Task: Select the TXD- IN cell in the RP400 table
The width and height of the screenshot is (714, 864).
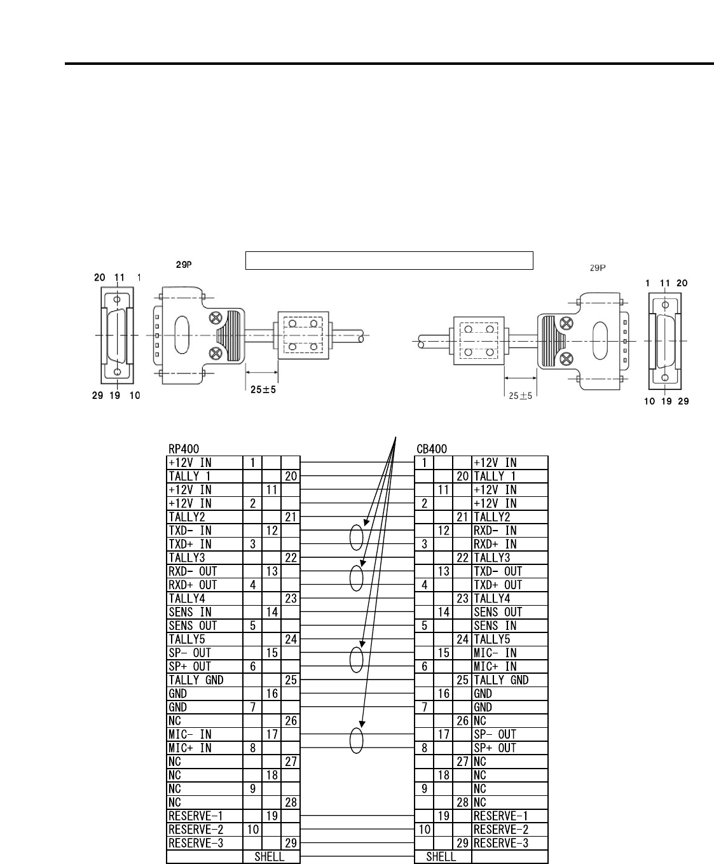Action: [x=204, y=531]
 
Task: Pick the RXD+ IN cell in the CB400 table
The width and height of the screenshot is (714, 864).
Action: [x=509, y=544]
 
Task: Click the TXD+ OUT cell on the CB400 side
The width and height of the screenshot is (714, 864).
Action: [x=509, y=585]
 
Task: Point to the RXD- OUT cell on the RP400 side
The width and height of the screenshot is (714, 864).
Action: [x=204, y=571]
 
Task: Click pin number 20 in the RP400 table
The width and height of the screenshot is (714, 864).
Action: [x=291, y=477]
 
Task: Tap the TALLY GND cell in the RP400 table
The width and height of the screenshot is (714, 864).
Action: [x=204, y=680]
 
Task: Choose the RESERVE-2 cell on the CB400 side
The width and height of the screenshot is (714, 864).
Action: [x=509, y=830]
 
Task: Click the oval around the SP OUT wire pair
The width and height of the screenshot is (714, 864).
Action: [x=357, y=660]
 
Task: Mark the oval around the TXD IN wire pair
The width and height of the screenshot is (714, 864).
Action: [x=357, y=538]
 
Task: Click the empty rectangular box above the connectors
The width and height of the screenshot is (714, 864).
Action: [x=388, y=260]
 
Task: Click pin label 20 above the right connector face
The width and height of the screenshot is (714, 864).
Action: [x=682, y=283]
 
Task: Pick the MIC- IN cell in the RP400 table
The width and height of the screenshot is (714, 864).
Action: [x=204, y=734]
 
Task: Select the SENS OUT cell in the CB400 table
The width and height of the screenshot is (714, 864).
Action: [x=509, y=612]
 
